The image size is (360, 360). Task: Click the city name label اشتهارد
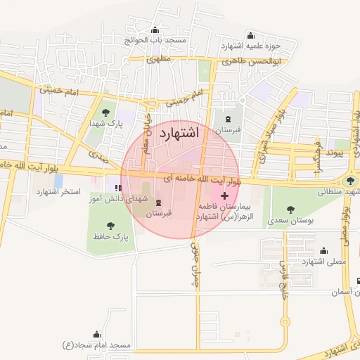coord(179,133)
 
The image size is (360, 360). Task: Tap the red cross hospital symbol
coord(224,194)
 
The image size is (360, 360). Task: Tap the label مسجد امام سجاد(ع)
coord(96,345)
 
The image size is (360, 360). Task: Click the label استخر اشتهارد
coord(58,191)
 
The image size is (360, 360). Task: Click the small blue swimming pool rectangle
coord(58,181)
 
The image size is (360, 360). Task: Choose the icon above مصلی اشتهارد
coord(323,250)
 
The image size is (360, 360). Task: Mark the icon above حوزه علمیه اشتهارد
coord(251,35)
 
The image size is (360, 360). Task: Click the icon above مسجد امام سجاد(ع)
coord(96,334)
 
